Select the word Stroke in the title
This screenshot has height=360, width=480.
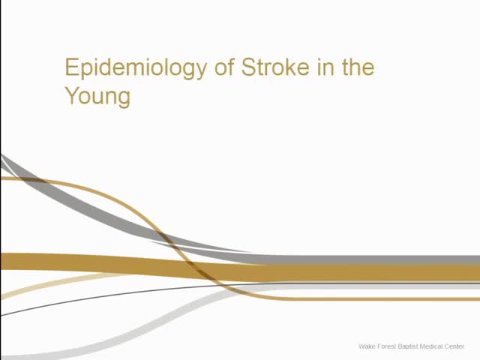271,67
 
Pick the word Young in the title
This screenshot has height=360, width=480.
97,97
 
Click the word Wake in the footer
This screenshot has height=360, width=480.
367,346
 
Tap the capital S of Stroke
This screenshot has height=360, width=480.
248,67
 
